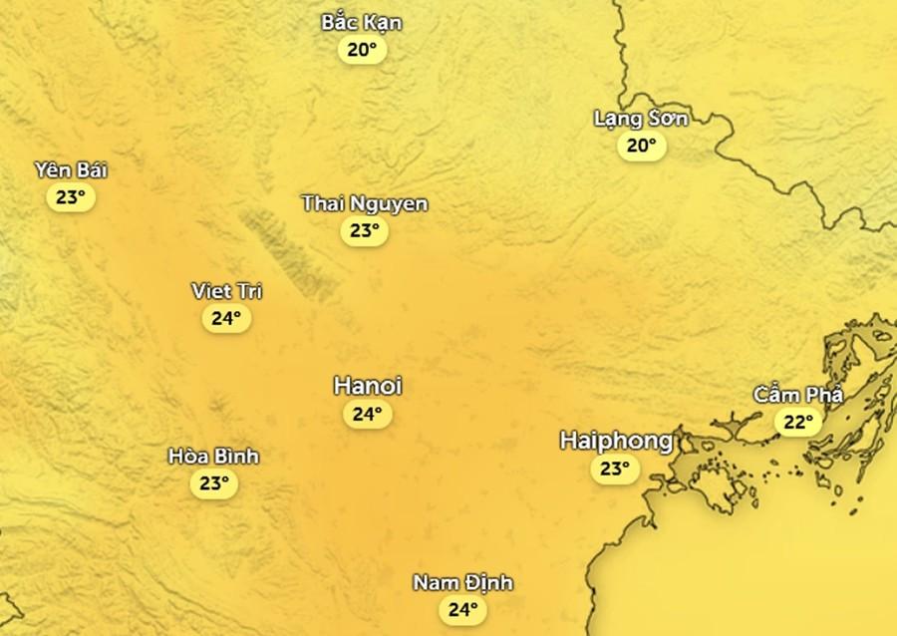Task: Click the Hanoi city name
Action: click(368, 387)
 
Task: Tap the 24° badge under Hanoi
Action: click(368, 415)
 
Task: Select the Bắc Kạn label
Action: click(362, 22)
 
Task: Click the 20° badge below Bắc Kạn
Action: click(362, 50)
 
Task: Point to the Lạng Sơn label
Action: click(641, 119)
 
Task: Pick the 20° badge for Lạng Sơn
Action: click(641, 147)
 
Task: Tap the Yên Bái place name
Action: click(71, 169)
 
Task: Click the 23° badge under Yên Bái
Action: click(71, 197)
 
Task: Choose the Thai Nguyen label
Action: click(365, 203)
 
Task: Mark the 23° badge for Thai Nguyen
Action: click(365, 231)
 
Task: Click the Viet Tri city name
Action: click(226, 291)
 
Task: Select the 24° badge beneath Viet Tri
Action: click(226, 319)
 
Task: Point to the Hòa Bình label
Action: click(213, 457)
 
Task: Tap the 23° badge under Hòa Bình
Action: click(213, 484)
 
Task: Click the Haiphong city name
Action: click(616, 441)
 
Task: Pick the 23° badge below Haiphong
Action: click(615, 469)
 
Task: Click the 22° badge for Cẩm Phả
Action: click(798, 423)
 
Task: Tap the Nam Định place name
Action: click(463, 582)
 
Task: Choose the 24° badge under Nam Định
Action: click(463, 609)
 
